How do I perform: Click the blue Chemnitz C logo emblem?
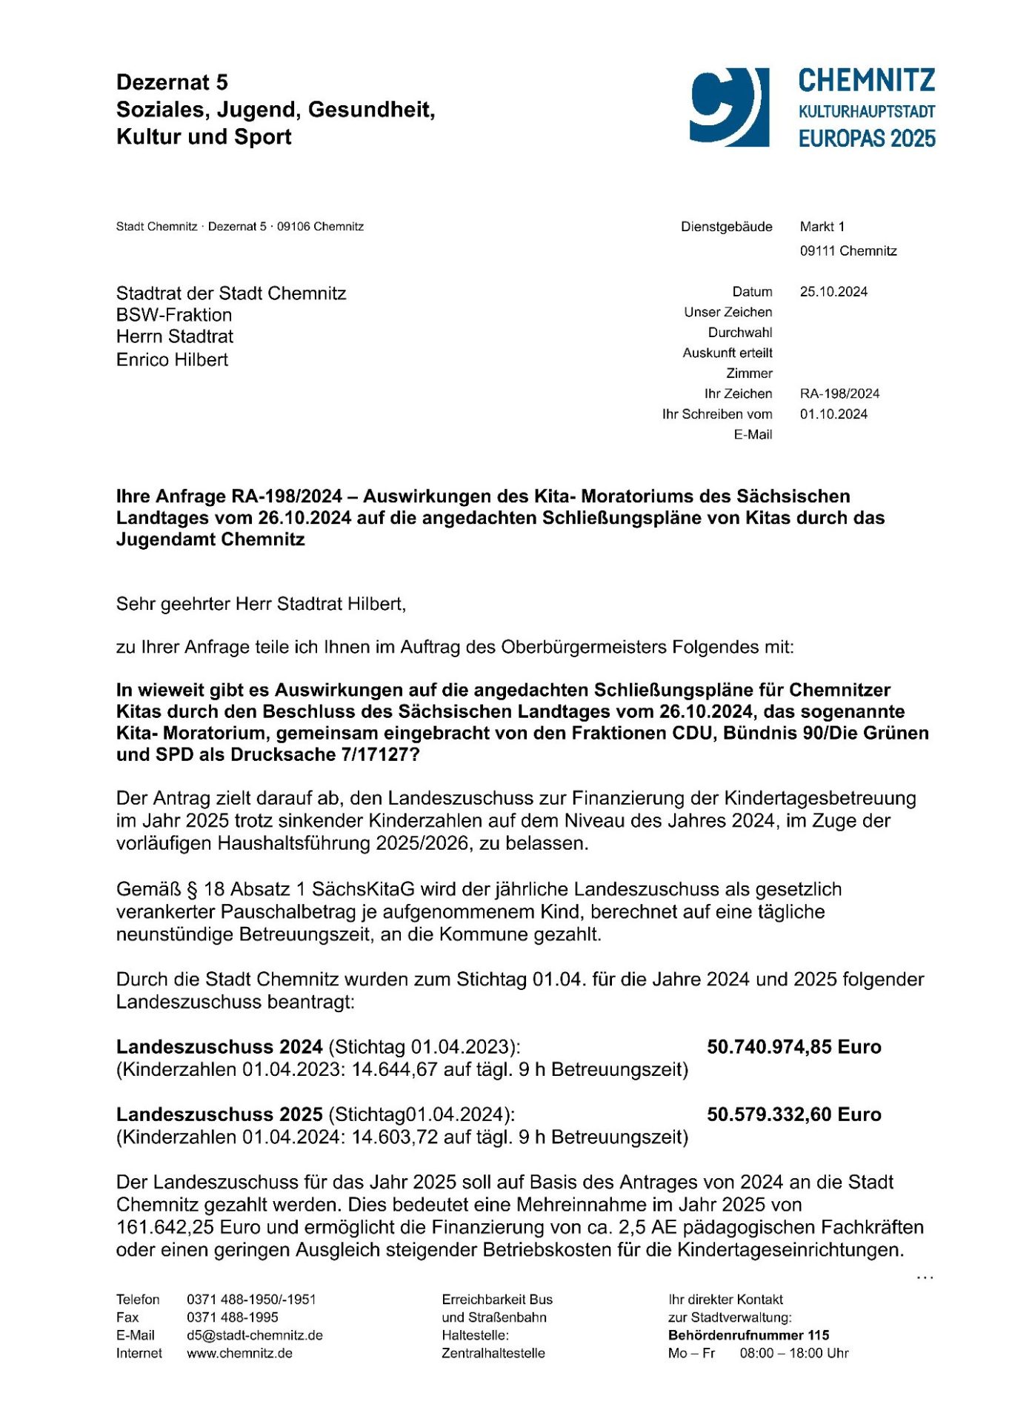click(x=729, y=107)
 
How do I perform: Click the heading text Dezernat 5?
click(x=172, y=82)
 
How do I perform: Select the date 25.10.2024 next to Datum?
click(x=833, y=292)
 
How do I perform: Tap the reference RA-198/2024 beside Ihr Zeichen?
click(x=839, y=393)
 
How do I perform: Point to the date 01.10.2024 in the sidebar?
click(x=833, y=414)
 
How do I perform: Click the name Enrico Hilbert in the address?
click(x=172, y=360)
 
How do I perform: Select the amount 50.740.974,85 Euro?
click(x=793, y=1047)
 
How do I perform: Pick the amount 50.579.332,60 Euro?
click(x=793, y=1114)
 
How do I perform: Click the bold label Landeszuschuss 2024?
click(x=219, y=1047)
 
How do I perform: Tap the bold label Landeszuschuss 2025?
click(x=219, y=1114)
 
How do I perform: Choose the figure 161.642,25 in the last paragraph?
click(x=165, y=1227)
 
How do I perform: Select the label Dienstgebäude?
click(x=726, y=227)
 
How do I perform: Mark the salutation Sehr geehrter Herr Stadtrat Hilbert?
click(x=261, y=604)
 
